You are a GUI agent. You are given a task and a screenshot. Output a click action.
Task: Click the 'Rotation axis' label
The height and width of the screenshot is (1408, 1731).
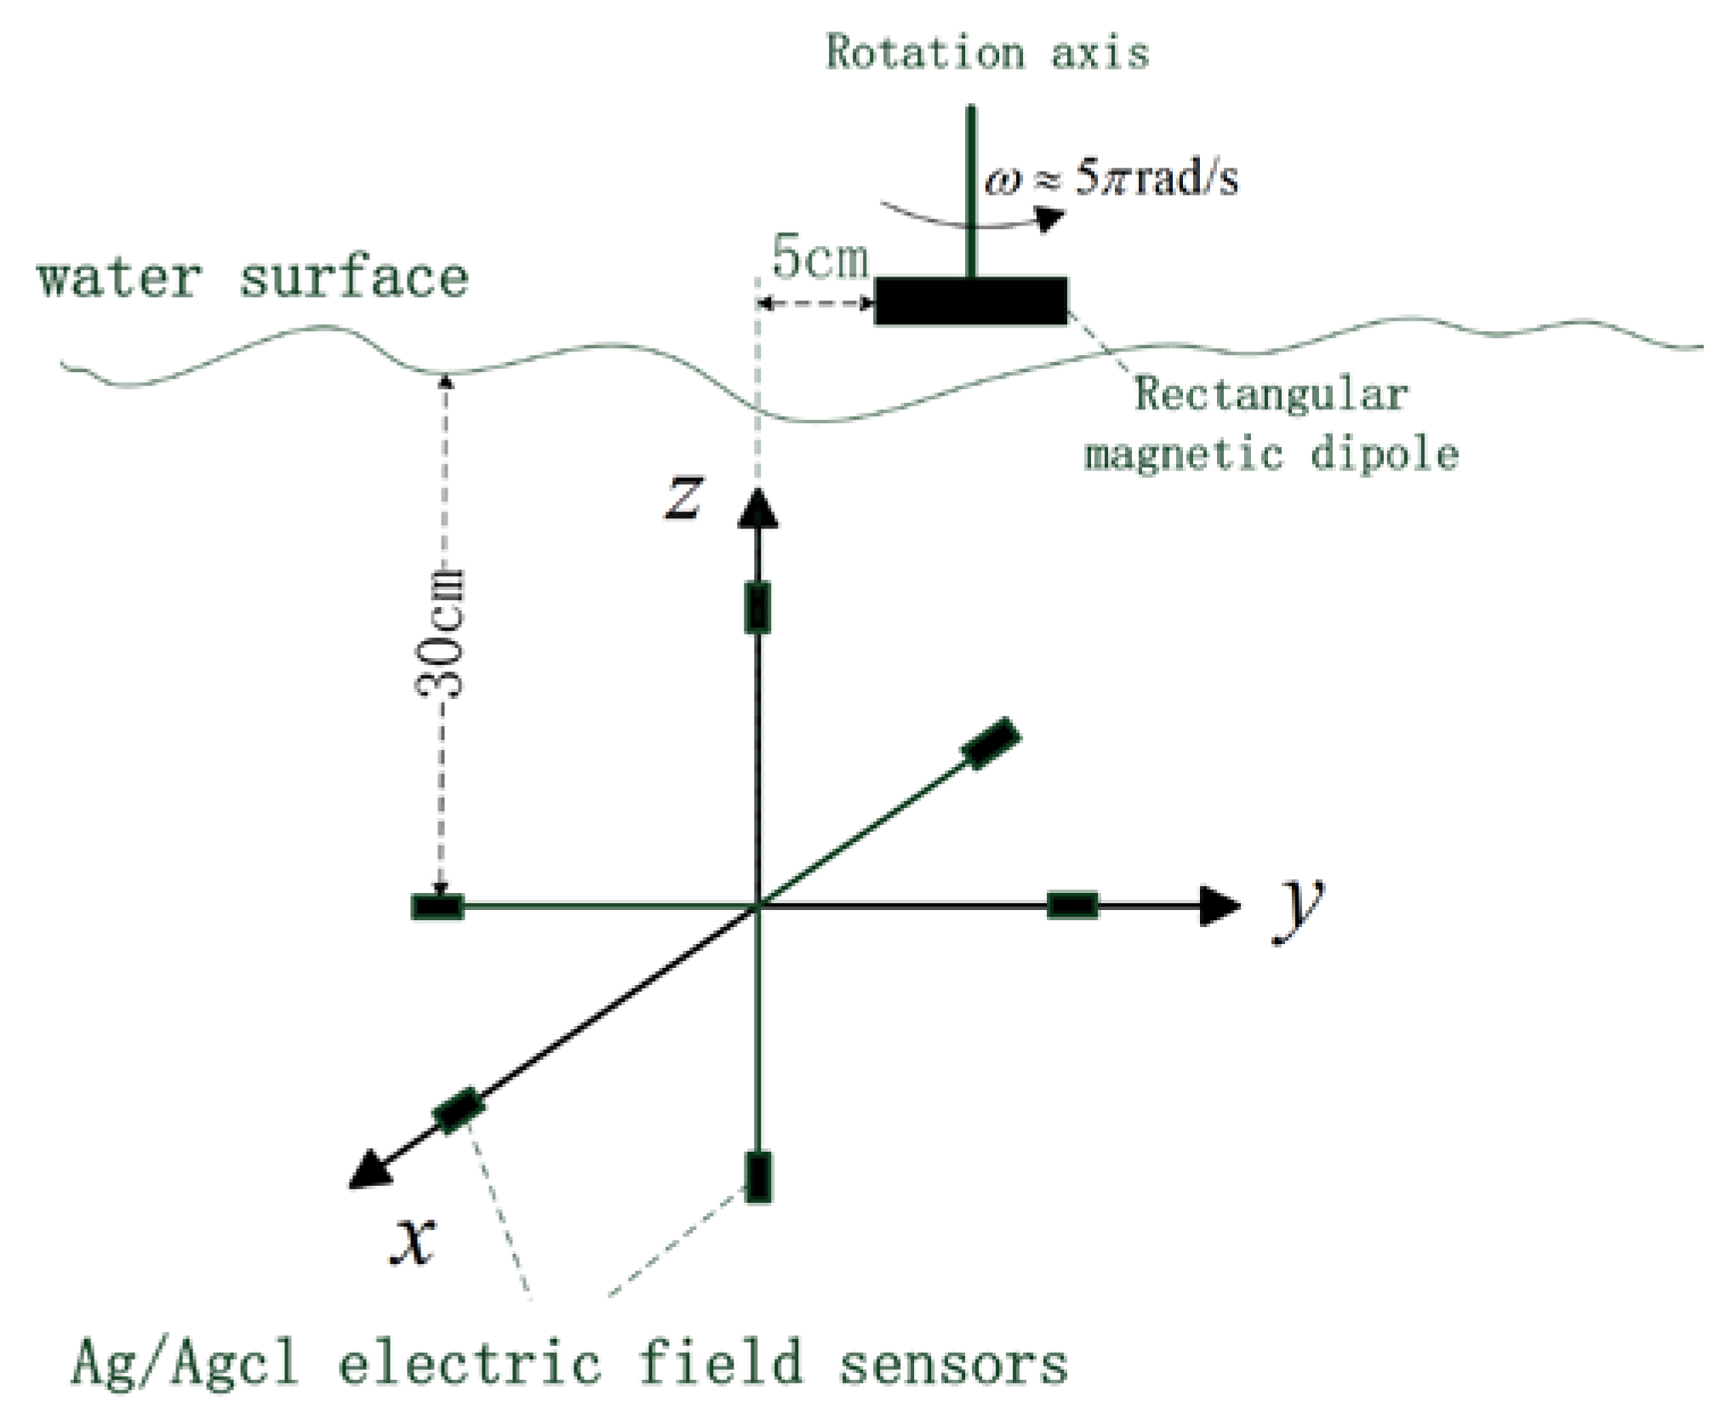tap(987, 53)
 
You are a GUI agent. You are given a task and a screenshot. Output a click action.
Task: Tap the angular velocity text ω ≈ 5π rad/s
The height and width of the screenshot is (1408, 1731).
tap(1111, 180)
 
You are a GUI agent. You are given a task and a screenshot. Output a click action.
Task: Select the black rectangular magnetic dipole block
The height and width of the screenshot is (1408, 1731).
tap(971, 300)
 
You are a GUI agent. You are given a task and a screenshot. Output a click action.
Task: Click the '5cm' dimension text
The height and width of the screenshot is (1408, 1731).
tap(820, 258)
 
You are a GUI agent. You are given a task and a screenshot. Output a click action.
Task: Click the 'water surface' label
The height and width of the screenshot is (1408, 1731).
tap(253, 278)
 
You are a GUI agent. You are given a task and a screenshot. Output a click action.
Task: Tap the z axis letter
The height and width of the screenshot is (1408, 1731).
tap(684, 497)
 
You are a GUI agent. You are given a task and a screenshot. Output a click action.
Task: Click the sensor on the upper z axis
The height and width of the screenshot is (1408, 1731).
tap(757, 608)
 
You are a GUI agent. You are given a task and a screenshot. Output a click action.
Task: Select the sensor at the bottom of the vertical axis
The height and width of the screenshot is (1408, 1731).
tap(757, 1176)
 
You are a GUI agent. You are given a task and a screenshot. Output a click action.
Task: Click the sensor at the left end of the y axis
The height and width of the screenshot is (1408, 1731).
tap(437, 907)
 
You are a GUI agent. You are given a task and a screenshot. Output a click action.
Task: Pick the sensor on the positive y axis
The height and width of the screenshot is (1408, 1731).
tap(1071, 905)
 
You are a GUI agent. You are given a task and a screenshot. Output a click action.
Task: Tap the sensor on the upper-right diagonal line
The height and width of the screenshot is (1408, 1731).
tap(991, 744)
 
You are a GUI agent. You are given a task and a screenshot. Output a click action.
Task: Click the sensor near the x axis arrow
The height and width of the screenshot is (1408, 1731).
tap(460, 1110)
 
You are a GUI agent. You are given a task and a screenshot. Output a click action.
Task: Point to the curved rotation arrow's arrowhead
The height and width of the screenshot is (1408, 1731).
tap(1050, 220)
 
